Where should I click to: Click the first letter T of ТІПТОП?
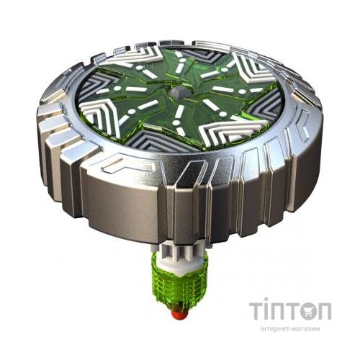[258, 311]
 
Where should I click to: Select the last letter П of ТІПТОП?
[325, 311]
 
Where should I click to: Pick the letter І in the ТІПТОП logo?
[268, 311]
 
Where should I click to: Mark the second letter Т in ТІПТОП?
[294, 311]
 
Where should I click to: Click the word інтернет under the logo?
[271, 328]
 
